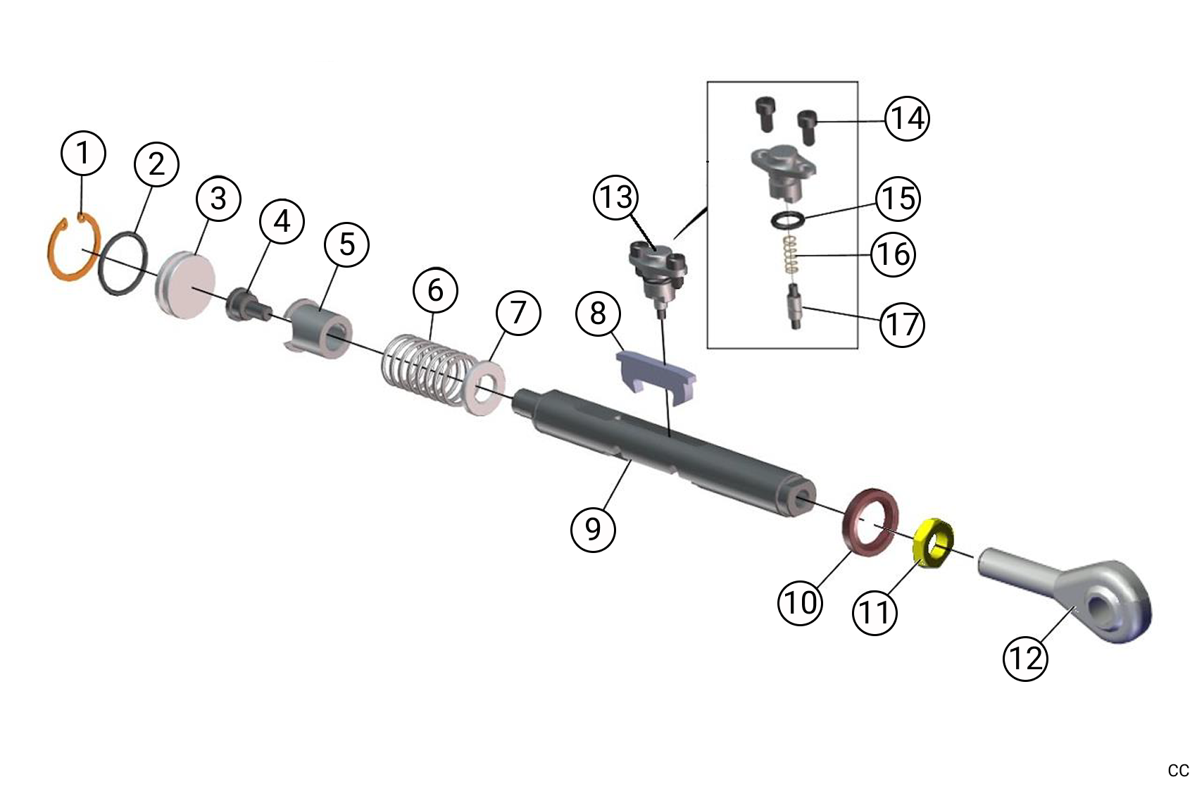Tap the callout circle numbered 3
218,198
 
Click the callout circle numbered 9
593,528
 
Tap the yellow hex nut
932,542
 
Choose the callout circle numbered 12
1025,658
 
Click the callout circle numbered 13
616,197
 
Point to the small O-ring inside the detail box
785,220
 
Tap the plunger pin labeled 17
794,308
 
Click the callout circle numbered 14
907,118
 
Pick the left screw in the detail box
764,113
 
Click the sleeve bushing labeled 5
321,330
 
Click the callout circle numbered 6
435,290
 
